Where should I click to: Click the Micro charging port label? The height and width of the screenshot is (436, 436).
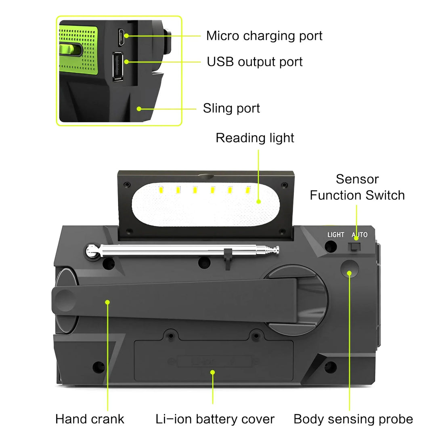click(264, 36)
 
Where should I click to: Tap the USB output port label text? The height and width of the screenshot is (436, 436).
click(254, 62)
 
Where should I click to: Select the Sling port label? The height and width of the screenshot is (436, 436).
click(231, 108)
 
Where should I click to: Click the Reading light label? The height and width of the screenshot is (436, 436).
click(255, 138)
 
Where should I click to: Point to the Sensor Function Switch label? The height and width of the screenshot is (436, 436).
click(357, 187)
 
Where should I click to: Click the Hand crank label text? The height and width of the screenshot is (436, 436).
click(90, 419)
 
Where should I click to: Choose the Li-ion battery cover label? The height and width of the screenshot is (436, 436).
click(215, 419)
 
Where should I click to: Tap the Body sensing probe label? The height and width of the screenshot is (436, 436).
click(353, 419)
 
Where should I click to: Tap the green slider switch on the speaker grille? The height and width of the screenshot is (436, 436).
click(70, 50)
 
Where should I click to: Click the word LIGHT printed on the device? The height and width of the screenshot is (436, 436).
click(335, 235)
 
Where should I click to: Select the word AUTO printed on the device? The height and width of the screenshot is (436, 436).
click(359, 235)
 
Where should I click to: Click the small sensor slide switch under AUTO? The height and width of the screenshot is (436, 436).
click(354, 246)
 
